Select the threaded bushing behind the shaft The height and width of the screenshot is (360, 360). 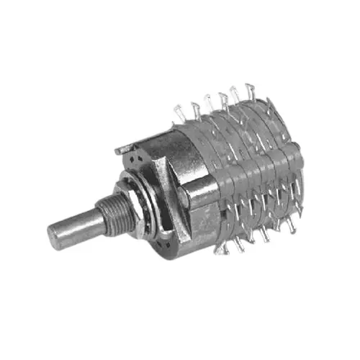coord(116,210)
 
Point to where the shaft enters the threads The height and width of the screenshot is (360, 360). coord(101,216)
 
